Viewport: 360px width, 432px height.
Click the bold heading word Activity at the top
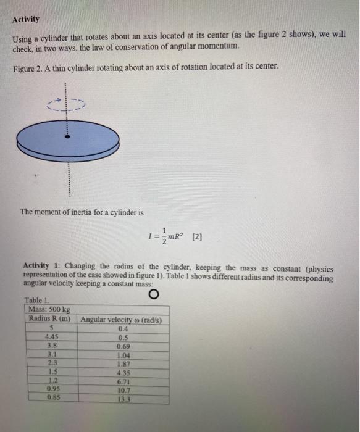25,19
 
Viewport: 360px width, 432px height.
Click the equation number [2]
198,236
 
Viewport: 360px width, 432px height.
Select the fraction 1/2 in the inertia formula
163,235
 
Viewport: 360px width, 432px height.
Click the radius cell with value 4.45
52,337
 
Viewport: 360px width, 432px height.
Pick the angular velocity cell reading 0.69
122,346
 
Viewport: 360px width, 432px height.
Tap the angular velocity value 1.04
122,355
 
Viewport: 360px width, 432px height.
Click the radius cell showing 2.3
52,364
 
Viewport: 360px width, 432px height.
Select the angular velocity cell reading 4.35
122,373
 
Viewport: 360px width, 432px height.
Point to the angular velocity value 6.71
122,382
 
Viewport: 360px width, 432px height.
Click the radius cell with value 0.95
52,391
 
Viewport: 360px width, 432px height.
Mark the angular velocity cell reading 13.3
122,399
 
